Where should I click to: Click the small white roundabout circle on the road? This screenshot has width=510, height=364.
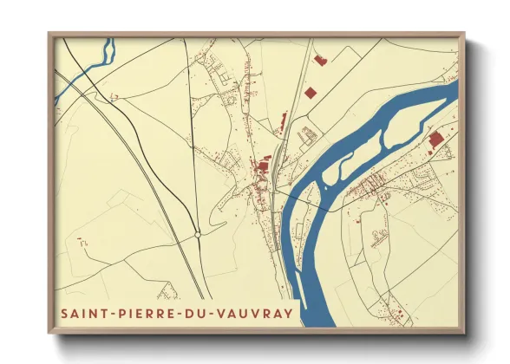199,233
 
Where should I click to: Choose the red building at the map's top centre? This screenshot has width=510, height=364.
318,61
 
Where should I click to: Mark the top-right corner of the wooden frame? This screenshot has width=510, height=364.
465,34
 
